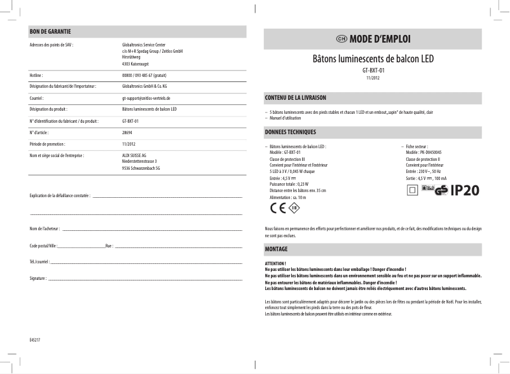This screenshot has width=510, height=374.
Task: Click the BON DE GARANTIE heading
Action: [50, 31]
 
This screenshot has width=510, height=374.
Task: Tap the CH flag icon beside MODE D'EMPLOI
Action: [341, 38]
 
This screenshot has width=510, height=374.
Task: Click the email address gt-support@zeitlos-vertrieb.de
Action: [146, 99]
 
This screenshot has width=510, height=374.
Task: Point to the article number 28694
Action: [127, 132]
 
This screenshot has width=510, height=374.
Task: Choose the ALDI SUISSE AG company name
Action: [134, 155]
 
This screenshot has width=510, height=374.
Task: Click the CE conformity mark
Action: [278, 207]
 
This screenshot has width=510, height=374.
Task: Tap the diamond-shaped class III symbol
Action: [294, 207]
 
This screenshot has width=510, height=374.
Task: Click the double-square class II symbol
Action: [412, 190]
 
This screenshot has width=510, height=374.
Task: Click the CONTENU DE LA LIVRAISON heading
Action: [295, 98]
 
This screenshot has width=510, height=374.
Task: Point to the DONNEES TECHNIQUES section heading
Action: [290, 133]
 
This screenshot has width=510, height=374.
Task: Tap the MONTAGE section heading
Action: [276, 248]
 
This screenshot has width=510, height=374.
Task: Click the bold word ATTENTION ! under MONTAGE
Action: [275, 263]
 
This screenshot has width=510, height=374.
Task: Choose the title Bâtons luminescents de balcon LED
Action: [374, 59]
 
